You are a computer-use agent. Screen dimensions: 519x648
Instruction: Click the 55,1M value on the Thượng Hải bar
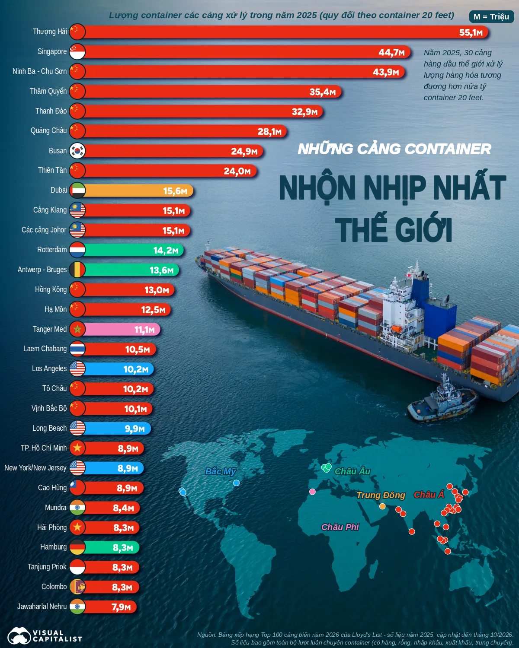[471, 32]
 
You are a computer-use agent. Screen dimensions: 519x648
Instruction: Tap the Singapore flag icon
[77, 51]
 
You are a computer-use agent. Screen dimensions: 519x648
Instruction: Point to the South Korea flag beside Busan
[77, 151]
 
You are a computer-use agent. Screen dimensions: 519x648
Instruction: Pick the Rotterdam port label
[52, 250]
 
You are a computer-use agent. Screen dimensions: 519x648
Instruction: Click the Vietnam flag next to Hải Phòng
[77, 527]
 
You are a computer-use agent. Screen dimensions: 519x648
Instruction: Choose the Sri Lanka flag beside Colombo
[77, 587]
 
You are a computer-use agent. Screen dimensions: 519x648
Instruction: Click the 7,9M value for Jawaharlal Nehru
[121, 607]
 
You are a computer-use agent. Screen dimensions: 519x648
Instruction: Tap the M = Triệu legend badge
[491, 16]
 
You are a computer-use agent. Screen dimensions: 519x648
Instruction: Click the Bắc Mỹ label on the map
[221, 471]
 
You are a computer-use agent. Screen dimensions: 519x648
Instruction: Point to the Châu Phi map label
[340, 527]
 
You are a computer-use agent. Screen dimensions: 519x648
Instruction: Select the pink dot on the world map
[312, 492]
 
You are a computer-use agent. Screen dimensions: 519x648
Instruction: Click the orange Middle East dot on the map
[382, 506]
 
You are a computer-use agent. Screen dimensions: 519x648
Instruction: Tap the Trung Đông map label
[381, 495]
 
